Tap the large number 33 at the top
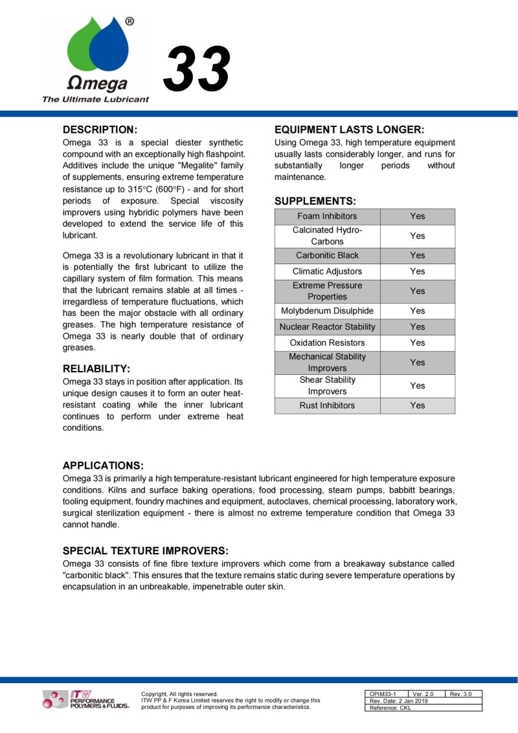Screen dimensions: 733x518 tap(197, 69)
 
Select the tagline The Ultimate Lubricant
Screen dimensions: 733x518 tap(95, 100)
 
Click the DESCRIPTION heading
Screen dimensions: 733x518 tap(100, 130)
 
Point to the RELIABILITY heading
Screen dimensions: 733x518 tap(96, 369)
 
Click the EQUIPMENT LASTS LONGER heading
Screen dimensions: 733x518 tap(350, 130)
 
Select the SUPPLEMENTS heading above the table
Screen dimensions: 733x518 tap(315, 201)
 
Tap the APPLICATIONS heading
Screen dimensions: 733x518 tap(103, 466)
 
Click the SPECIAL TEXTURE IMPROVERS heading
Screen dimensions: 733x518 tap(146, 551)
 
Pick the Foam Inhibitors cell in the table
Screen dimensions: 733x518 tap(327, 216)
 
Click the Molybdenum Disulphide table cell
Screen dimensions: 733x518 tap(327, 311)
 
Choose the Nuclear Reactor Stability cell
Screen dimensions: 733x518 tap(327, 327)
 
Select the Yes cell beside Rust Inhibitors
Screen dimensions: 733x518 tap(418, 405)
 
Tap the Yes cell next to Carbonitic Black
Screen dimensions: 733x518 tap(418, 255)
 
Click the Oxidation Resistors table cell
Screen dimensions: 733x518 tap(327, 343)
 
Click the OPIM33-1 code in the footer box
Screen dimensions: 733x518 tap(383, 694)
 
